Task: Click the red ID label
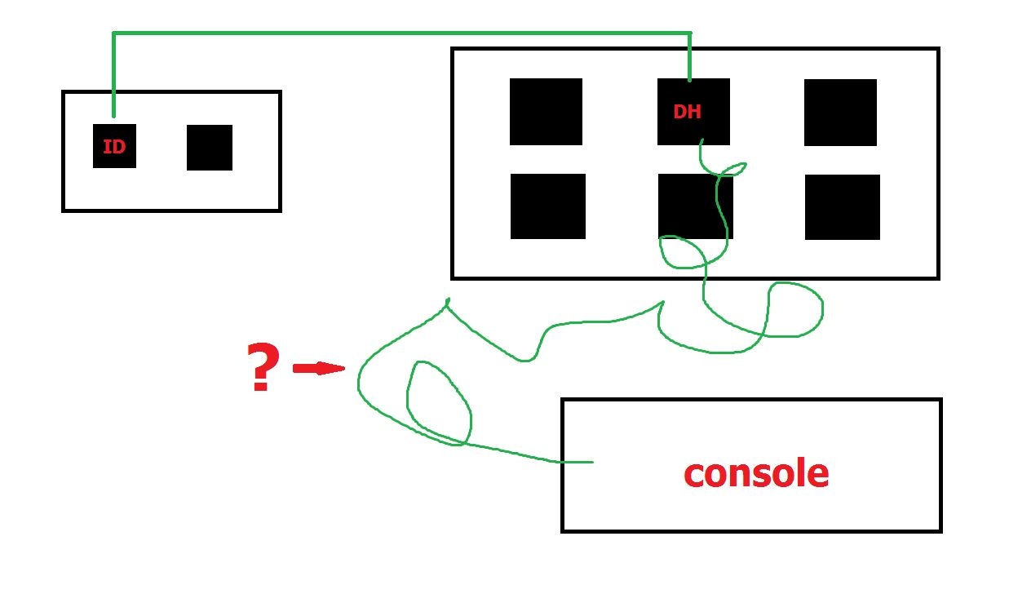point(114,147)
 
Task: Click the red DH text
point(687,112)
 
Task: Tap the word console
point(756,473)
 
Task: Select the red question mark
point(263,366)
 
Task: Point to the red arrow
point(319,368)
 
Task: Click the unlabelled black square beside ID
point(210,148)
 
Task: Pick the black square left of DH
point(546,112)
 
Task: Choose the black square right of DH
point(840,113)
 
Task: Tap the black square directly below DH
point(696,206)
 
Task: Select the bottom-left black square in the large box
point(548,206)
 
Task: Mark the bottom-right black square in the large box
point(843,207)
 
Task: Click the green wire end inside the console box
point(592,462)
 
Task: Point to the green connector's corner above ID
point(113,33)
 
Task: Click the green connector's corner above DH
point(689,33)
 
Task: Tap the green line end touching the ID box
point(113,116)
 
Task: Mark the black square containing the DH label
point(693,112)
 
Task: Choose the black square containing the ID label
point(114,146)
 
